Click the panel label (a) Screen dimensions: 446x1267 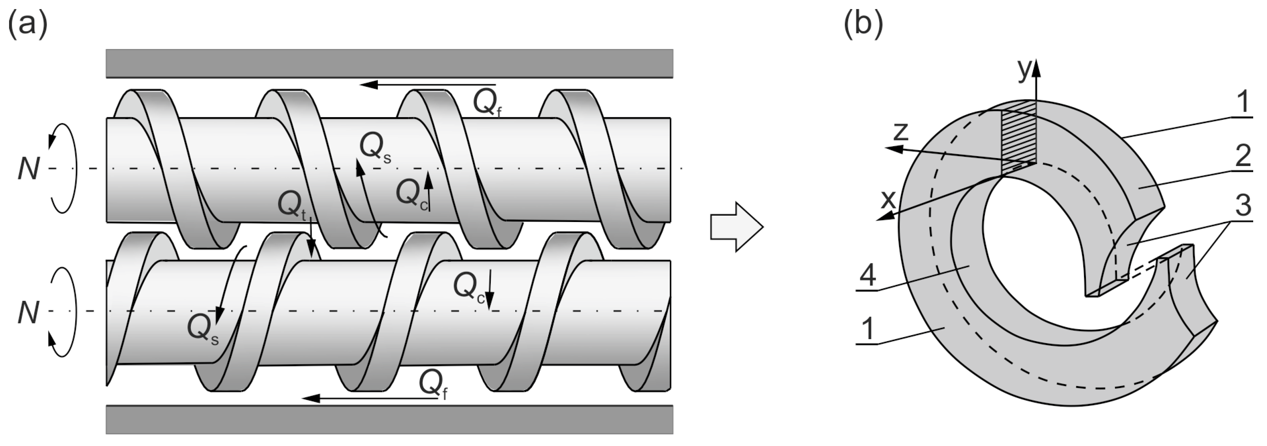coord(28,24)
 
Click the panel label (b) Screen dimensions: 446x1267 coord(863,24)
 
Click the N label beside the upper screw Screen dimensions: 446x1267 coord(28,169)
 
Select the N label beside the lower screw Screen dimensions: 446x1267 coord(28,313)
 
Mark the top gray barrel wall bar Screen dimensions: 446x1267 coord(389,63)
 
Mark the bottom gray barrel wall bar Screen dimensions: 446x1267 coord(389,419)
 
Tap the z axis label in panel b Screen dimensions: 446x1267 coord(900,132)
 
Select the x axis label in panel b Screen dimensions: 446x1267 coord(888,200)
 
